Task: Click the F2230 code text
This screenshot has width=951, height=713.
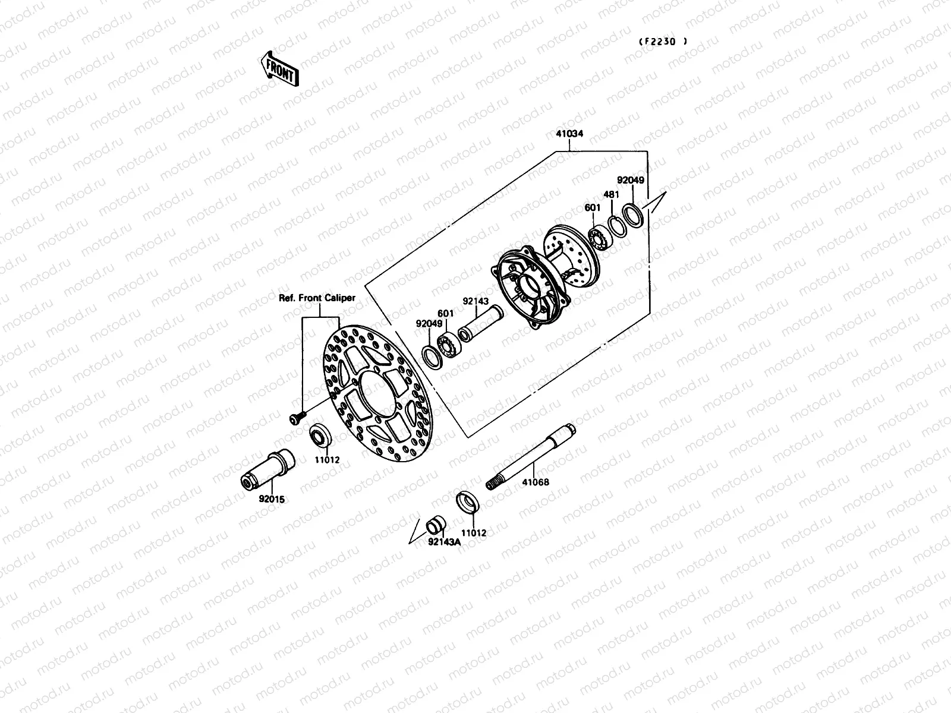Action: [x=663, y=42]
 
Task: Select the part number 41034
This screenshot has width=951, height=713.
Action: [x=569, y=134]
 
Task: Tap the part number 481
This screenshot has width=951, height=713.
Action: [x=611, y=194]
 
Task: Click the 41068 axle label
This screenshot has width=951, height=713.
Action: [x=536, y=482]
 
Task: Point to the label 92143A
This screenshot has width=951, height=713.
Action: [x=443, y=541]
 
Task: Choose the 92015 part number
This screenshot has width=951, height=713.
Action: [x=272, y=499]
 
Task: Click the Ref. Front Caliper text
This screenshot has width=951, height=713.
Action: [x=317, y=298]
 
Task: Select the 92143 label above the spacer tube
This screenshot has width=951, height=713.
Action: [x=475, y=302]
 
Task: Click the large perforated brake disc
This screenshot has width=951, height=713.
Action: [x=374, y=392]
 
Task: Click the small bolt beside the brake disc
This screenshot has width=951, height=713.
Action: [x=296, y=419]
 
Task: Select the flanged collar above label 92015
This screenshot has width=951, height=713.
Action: [x=268, y=469]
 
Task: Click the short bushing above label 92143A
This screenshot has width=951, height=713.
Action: [x=436, y=526]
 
